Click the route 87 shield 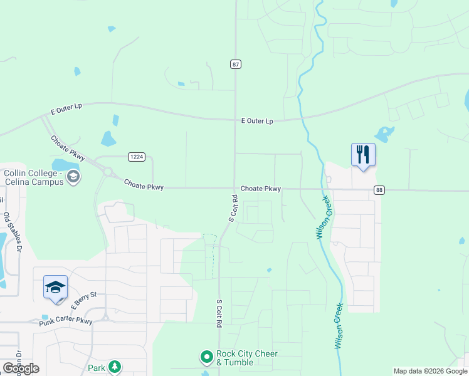[x=235, y=65]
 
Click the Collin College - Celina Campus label [x=34, y=177]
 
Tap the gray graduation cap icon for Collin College [x=74, y=177]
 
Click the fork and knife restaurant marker [x=363, y=155]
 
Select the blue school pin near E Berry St [x=55, y=288]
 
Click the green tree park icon [x=114, y=367]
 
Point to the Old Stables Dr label [x=14, y=232]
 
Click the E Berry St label [x=84, y=300]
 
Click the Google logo [x=21, y=368]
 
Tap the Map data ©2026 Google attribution [x=430, y=371]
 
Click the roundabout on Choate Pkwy [x=107, y=171]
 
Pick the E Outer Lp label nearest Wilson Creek [x=257, y=121]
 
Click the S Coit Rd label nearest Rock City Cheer [x=219, y=315]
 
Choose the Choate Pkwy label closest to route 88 [x=260, y=189]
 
